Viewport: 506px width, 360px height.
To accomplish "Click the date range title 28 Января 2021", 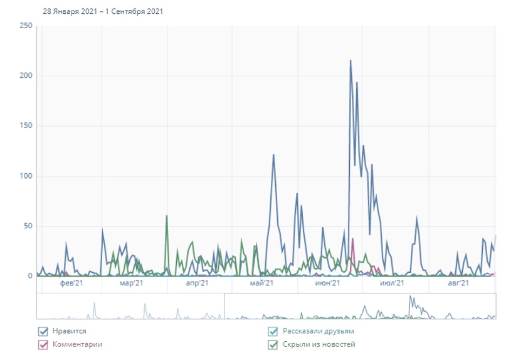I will (103, 11).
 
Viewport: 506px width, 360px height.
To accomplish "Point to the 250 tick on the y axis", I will (26, 26).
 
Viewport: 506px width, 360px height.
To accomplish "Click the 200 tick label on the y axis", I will (26, 76).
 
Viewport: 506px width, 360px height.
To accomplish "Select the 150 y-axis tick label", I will (26, 126).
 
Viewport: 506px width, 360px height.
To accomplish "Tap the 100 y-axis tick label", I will (26, 176).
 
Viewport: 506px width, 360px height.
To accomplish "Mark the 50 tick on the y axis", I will (28, 226).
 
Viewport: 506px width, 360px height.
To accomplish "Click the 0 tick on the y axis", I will (29, 276).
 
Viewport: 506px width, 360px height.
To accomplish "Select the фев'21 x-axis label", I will (72, 284).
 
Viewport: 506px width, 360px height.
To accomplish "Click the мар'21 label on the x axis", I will (131, 284).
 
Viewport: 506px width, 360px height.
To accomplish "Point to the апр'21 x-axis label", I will (197, 284).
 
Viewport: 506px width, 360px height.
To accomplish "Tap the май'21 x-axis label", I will (261, 284).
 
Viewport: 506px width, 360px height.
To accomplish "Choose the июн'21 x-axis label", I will (327, 284).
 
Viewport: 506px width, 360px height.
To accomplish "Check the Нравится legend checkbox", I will (43, 331).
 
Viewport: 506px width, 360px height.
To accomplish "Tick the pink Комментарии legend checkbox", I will (43, 344).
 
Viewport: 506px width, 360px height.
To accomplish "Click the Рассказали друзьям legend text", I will (318, 331).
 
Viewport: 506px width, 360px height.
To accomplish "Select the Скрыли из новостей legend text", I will (319, 344).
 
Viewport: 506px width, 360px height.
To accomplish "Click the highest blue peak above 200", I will (351, 61).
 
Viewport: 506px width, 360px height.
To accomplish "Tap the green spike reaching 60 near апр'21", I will (167, 216).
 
